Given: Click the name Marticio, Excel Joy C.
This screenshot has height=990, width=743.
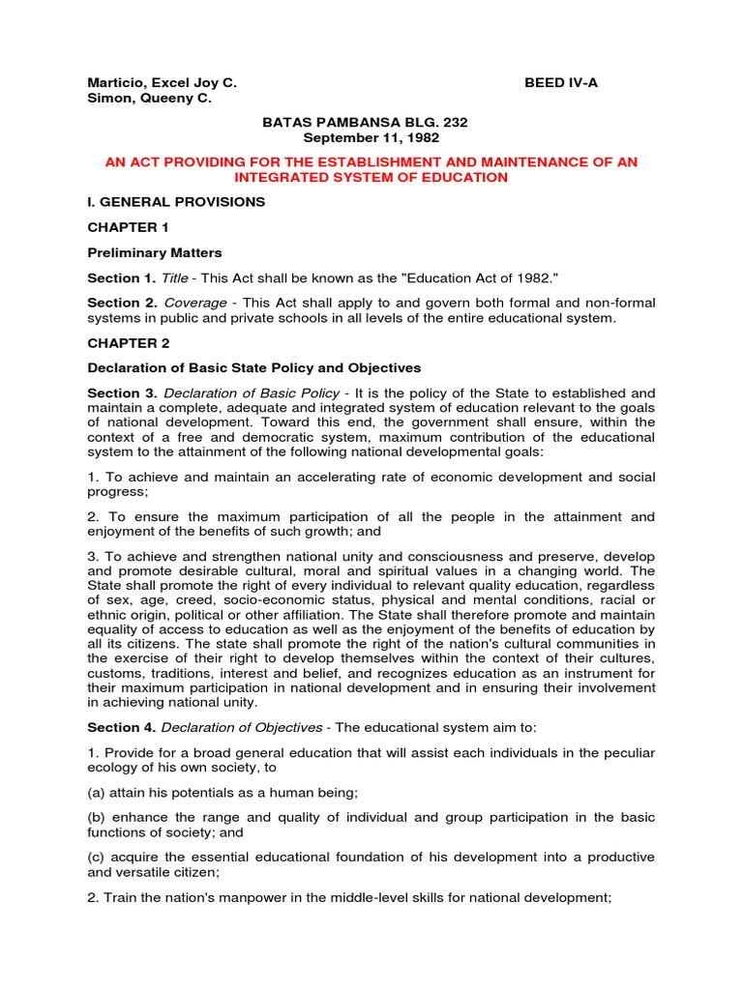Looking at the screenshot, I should pyautogui.click(x=162, y=83).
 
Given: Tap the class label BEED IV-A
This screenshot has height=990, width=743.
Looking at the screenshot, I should pyautogui.click(x=561, y=83).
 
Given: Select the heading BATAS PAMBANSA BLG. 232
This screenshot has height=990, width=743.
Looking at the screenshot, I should pyautogui.click(x=371, y=123).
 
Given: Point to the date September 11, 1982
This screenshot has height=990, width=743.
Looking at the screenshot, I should pyautogui.click(x=371, y=138).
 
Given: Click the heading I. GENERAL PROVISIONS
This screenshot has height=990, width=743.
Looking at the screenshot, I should pyautogui.click(x=176, y=202).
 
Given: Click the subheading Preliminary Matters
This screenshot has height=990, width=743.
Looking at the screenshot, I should pyautogui.click(x=155, y=252).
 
